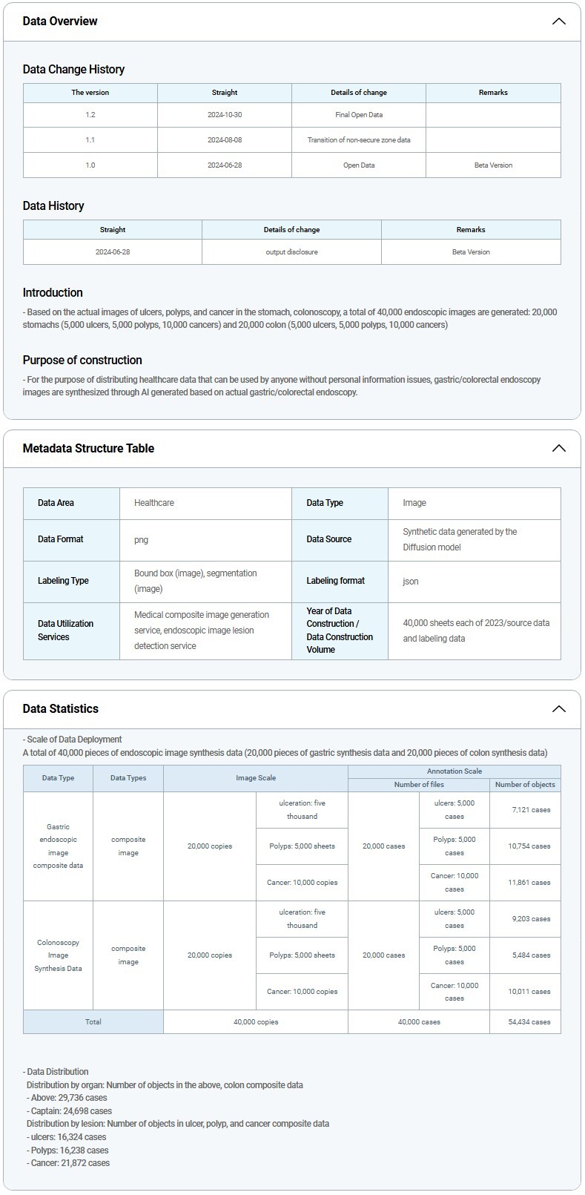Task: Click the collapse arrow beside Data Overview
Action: pos(559,22)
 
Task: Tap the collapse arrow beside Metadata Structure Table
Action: pos(559,448)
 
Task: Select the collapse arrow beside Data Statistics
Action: pos(559,708)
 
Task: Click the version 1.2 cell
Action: pos(90,115)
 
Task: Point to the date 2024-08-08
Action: pos(225,140)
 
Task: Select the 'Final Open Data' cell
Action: pos(359,115)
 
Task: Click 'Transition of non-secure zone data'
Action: pos(359,140)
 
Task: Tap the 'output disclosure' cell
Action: pos(291,252)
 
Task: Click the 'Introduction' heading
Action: pos(53,292)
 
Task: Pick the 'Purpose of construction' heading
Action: pos(82,360)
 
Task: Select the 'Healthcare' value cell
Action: pos(154,503)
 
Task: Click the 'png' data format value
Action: pos(142,539)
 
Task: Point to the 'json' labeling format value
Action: pos(411,581)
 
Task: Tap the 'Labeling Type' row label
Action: pos(63,581)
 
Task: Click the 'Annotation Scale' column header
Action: pos(455,771)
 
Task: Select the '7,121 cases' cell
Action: pos(531,810)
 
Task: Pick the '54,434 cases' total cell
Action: pos(530,1022)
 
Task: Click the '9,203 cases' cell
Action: pos(531,919)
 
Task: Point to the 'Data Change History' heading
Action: pos(73,69)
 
